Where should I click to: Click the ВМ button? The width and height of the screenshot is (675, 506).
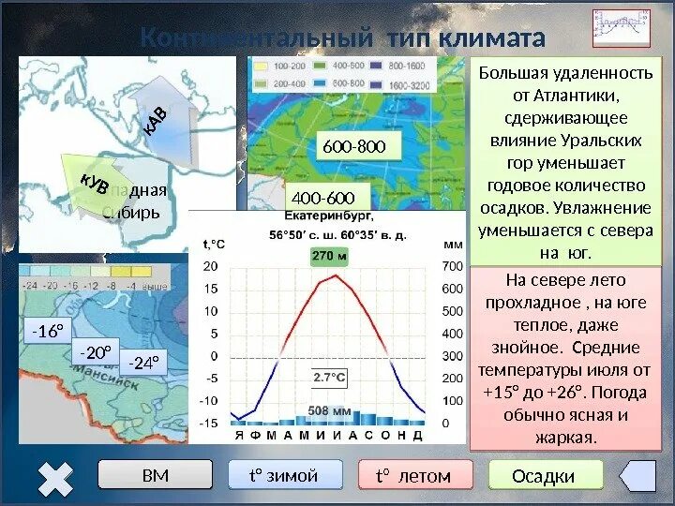coord(156,476)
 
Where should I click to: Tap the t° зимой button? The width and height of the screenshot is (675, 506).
coord(284,476)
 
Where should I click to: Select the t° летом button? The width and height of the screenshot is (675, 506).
coord(413,476)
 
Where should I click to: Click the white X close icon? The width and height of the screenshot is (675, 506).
coord(56,479)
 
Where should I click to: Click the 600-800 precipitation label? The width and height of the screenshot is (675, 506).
coord(353,146)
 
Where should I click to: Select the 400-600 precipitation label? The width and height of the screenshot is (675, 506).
coord(323,198)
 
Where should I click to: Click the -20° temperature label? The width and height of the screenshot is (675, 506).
coord(95,353)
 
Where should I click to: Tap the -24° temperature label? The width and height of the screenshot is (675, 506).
coord(143,363)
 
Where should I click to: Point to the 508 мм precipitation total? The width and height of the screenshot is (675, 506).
coord(329,410)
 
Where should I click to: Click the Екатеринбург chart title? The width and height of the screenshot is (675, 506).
coord(326,218)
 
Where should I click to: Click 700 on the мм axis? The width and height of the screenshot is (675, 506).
coord(453,267)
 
